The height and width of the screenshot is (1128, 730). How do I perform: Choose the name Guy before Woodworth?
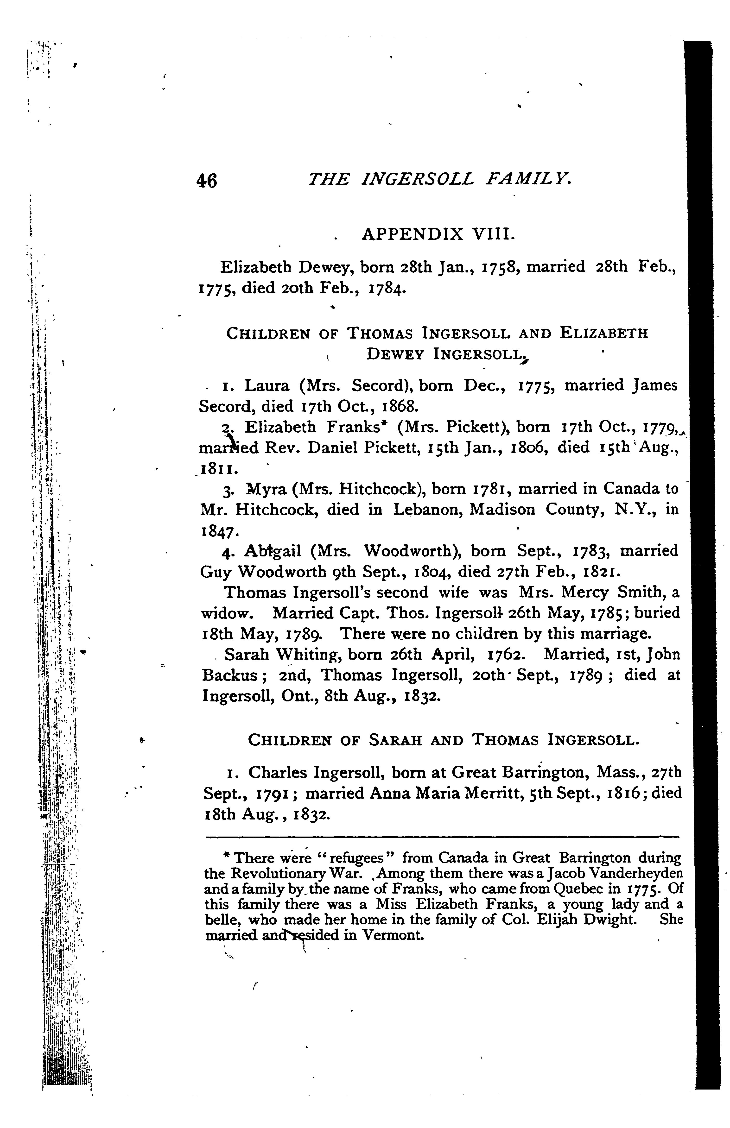[x=216, y=572]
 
